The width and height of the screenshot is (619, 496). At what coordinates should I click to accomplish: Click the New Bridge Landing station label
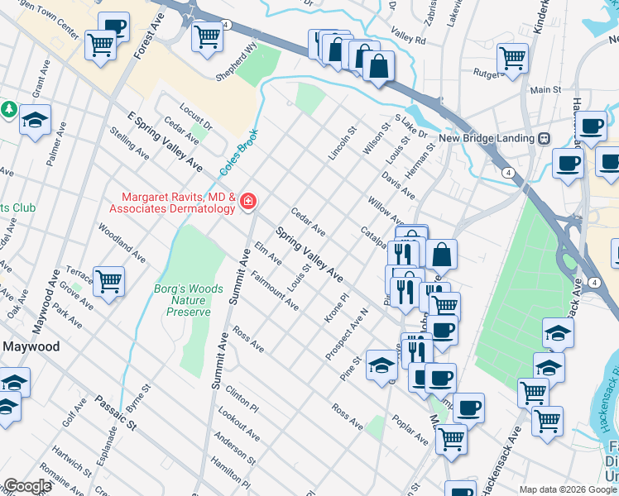(486, 138)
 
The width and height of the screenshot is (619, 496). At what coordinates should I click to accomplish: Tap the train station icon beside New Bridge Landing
(545, 138)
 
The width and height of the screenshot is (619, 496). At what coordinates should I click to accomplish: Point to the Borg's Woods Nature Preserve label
(189, 301)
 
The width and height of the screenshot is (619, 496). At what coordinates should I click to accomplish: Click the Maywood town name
(31, 346)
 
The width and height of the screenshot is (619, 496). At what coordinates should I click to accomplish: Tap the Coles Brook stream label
(239, 151)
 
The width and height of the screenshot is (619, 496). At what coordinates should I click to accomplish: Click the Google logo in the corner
(26, 486)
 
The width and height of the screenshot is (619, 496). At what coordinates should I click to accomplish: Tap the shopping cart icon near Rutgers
(512, 58)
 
